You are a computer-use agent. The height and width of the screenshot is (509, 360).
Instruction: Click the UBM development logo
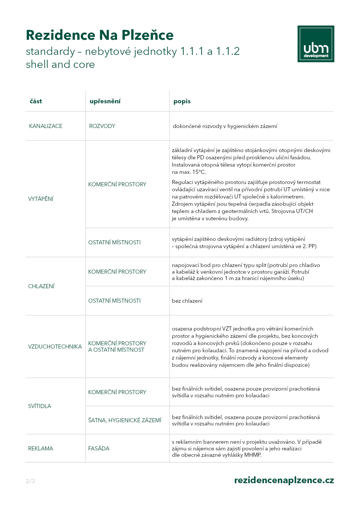pyautogui.click(x=316, y=44)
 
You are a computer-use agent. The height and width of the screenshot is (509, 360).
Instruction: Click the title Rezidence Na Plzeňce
pyautogui.click(x=100, y=35)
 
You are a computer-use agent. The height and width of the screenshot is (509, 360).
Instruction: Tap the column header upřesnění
pyautogui.click(x=105, y=101)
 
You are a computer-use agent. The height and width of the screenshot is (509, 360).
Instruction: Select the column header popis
pyautogui.click(x=182, y=101)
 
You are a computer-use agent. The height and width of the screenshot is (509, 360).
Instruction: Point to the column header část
pyautogui.click(x=36, y=101)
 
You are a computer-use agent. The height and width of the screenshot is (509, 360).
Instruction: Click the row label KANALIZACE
pyautogui.click(x=46, y=126)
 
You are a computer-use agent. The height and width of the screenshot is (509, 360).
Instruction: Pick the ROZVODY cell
pyautogui.click(x=102, y=126)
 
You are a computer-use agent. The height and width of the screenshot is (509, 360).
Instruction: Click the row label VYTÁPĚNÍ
pyautogui.click(x=41, y=199)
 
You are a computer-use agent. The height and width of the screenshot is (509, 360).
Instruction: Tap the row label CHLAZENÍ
pyautogui.click(x=41, y=286)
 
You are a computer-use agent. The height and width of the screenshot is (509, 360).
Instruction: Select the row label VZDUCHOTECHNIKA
pyautogui.click(x=55, y=346)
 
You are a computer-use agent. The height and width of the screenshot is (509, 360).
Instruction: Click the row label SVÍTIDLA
pyautogui.click(x=39, y=406)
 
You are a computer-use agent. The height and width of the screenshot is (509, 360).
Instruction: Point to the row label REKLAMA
pyautogui.click(x=41, y=448)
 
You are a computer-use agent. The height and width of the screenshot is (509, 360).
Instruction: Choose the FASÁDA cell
pyautogui.click(x=99, y=448)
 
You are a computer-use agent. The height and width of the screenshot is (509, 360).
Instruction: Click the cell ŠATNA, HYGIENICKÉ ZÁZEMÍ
pyautogui.click(x=125, y=420)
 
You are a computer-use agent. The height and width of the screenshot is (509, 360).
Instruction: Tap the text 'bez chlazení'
pyautogui.click(x=187, y=301)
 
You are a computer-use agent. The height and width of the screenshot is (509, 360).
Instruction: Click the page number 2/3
pyautogui.click(x=30, y=481)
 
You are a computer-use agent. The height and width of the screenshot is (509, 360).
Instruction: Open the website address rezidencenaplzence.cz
pyautogui.click(x=284, y=480)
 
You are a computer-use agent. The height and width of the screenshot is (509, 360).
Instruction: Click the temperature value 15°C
pyautogui.click(x=199, y=172)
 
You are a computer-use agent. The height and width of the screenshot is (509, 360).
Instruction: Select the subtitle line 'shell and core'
pyautogui.click(x=60, y=64)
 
